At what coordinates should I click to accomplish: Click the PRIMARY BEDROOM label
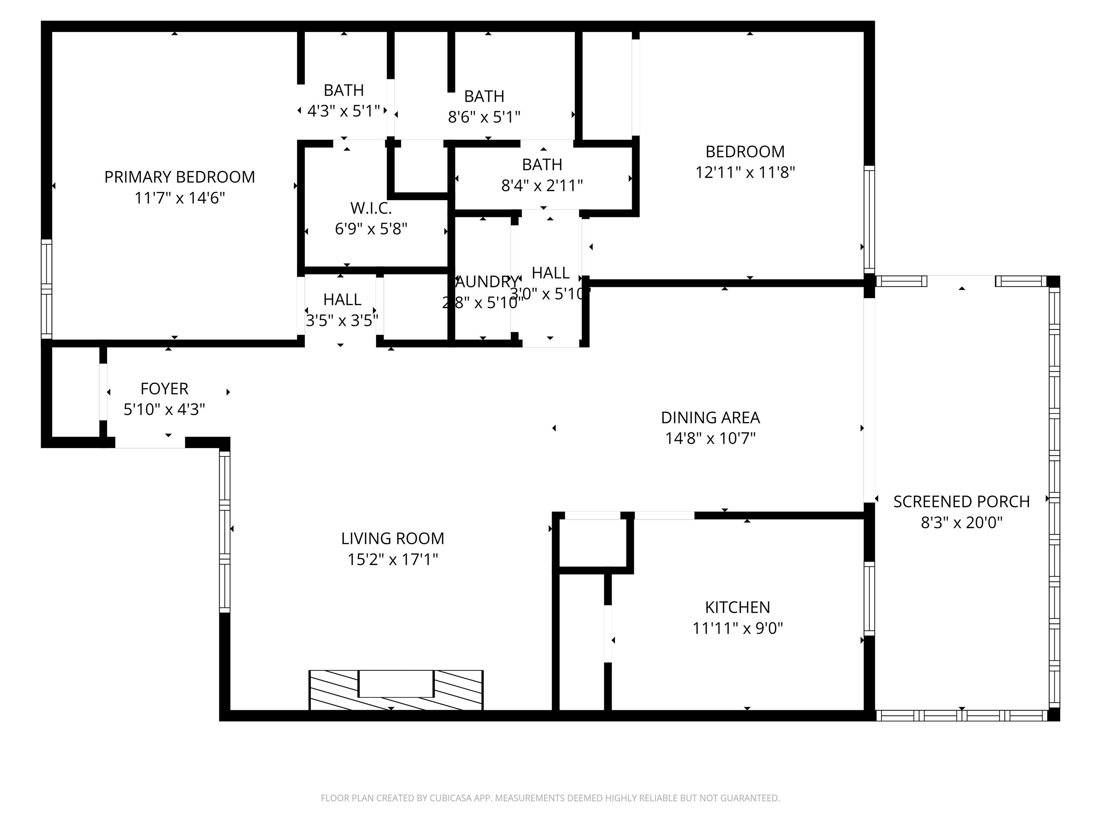[x=179, y=177]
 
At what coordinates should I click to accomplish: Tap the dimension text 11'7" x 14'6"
[x=179, y=198]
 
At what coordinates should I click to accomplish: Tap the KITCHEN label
[x=737, y=607]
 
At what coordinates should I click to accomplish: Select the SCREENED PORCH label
[x=961, y=502]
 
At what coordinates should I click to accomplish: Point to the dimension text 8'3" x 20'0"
[x=961, y=523]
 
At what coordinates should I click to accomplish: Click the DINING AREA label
[x=710, y=417]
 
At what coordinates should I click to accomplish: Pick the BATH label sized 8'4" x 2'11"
[x=542, y=164]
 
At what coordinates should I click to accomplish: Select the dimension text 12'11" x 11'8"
[x=745, y=173]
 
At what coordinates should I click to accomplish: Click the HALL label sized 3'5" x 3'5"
[x=342, y=299]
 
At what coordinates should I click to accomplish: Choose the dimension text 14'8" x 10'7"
[x=710, y=439]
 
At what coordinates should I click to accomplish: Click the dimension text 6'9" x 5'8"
[x=371, y=229]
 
